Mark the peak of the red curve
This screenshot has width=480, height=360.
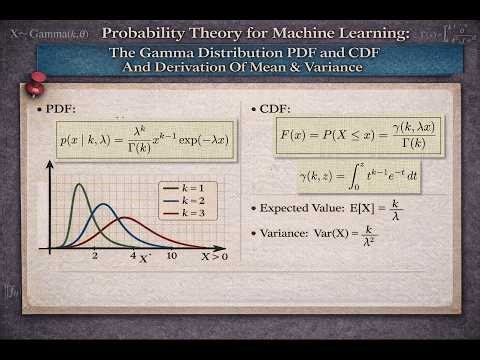131,217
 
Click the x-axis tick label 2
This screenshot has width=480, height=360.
95,256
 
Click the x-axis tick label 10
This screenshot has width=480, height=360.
172,256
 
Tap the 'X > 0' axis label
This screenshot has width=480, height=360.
214,256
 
